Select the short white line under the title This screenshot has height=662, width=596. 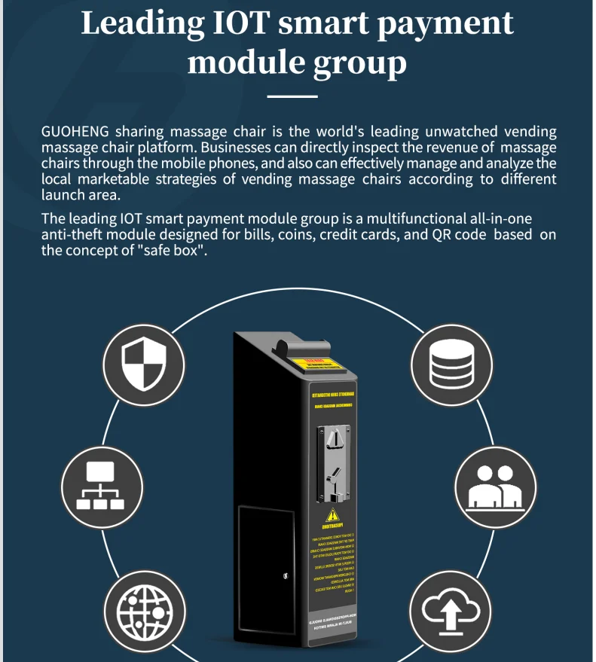click(293, 96)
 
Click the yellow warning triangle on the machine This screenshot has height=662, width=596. click(331, 517)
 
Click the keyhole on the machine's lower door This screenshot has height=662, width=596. click(284, 576)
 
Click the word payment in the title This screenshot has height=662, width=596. click(457, 23)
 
